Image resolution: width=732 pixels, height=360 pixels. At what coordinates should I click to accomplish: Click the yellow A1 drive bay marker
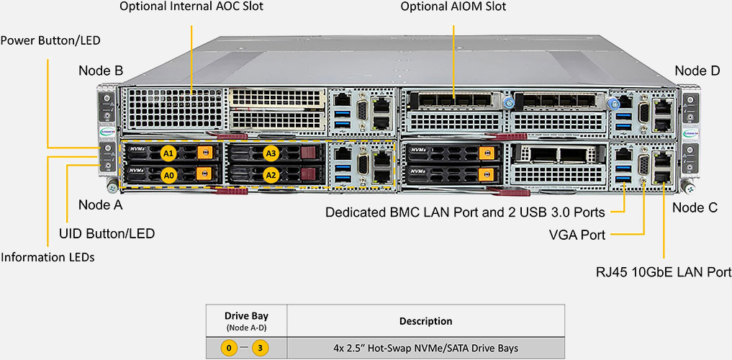(168, 153)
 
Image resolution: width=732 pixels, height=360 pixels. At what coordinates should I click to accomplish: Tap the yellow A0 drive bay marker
(168, 174)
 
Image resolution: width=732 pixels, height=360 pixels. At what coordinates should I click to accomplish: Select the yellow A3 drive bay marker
(271, 153)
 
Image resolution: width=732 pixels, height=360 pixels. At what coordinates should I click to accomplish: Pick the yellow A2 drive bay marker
(271, 174)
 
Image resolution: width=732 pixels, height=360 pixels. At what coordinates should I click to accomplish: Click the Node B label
(101, 71)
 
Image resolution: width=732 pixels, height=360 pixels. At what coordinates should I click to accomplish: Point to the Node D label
(697, 71)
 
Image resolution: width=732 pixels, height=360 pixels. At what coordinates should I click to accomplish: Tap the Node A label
(101, 204)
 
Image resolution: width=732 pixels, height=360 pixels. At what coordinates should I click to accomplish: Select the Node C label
(695, 207)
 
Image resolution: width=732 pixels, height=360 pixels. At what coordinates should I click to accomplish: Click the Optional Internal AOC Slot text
(191, 6)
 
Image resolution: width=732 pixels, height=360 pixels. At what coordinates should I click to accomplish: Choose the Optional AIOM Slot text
(453, 6)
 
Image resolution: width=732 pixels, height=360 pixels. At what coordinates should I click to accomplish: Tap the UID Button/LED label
(107, 233)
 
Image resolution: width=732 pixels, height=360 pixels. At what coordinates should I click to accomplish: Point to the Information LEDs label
(48, 257)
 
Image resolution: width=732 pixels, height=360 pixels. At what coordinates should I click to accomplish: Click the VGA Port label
(577, 235)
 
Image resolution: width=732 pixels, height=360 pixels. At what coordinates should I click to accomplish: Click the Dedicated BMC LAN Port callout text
(465, 212)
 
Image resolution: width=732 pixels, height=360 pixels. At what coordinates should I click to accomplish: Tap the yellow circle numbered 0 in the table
(229, 348)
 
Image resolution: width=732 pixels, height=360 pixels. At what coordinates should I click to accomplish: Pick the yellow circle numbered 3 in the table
(261, 348)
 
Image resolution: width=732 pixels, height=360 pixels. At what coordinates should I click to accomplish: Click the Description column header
(425, 321)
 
